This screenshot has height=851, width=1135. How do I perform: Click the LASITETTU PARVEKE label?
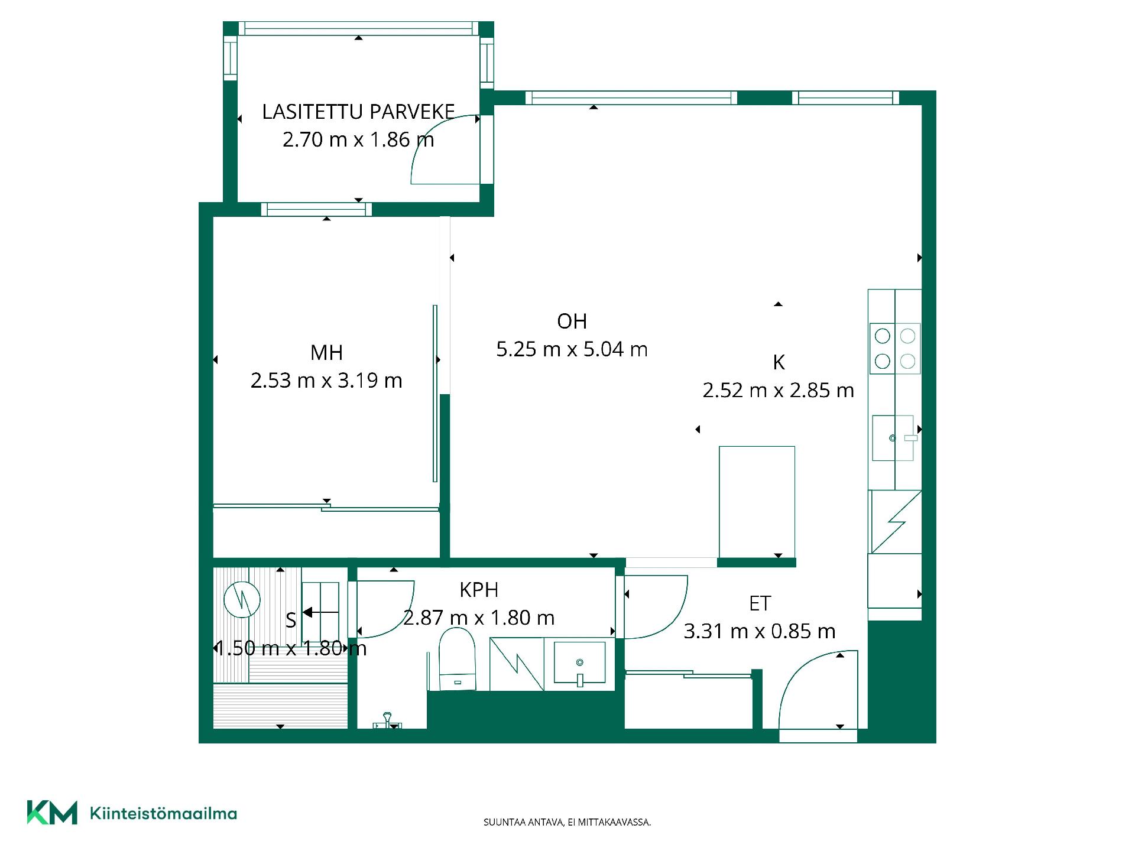[358, 112]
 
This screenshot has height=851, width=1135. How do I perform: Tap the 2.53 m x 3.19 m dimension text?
[326, 381]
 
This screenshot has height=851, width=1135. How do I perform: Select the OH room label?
[572, 321]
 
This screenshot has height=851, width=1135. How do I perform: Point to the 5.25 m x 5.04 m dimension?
[572, 349]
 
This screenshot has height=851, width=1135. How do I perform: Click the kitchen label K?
[779, 362]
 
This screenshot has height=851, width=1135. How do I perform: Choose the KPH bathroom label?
[479, 590]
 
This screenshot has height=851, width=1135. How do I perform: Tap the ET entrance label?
[760, 603]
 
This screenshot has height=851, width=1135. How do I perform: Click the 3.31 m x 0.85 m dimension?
[760, 631]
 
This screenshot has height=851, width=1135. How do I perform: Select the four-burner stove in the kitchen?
[895, 349]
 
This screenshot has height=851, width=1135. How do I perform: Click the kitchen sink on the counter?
[893, 438]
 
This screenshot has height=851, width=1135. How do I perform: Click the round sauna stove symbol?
[242, 600]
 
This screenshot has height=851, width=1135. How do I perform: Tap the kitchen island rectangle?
[757, 501]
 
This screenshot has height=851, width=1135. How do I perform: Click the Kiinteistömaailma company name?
[163, 813]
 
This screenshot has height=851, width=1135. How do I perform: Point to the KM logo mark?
[52, 813]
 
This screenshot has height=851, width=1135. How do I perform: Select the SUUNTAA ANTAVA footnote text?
[567, 822]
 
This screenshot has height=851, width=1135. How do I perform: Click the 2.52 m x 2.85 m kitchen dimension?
[779, 391]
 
